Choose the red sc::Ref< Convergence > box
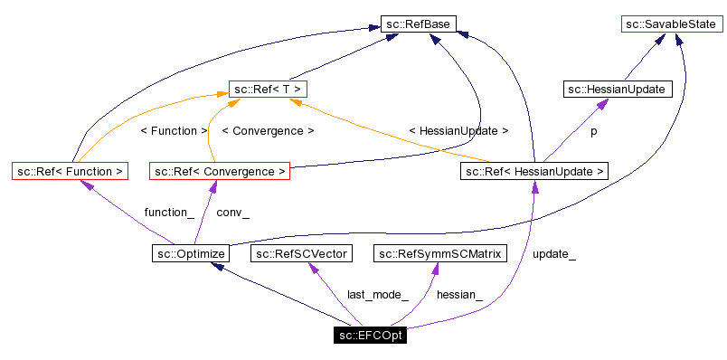tap(221, 170)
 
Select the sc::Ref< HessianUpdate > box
tap(534, 170)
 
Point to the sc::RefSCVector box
tap(302, 253)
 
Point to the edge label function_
tap(169, 213)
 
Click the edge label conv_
tap(233, 213)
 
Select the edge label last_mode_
tap(378, 295)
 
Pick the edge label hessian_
tap(459, 295)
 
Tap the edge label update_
tap(554, 254)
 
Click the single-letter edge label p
tap(594, 131)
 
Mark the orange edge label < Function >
tap(175, 131)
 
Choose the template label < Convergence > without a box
tap(268, 131)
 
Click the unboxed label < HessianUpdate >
tap(458, 131)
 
